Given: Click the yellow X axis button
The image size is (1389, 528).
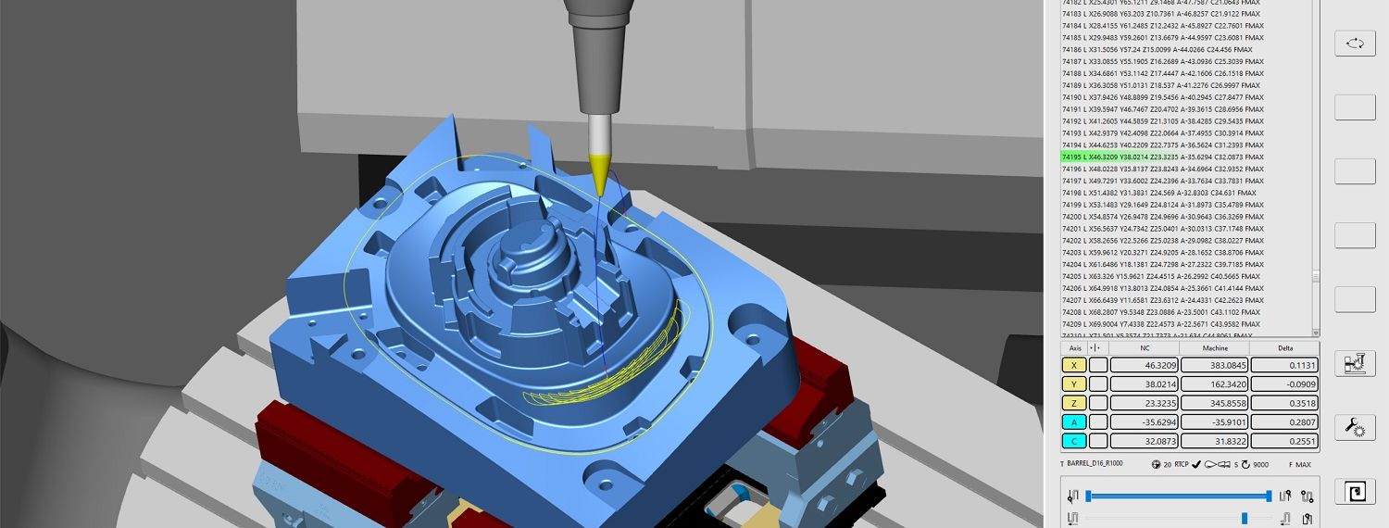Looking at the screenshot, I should [1073, 365].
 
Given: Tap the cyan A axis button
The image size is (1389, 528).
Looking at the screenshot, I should [1073, 421].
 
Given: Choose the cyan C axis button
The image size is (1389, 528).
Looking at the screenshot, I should [1073, 441].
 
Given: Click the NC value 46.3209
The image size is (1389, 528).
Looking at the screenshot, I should [1145, 365].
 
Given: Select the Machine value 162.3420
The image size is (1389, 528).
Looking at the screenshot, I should [1215, 383].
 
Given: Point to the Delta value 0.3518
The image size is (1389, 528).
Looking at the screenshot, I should [1285, 403].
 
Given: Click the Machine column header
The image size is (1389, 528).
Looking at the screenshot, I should [1215, 348].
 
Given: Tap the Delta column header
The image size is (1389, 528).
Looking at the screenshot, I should [1285, 348].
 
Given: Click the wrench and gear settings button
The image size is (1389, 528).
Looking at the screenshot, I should [1354, 427].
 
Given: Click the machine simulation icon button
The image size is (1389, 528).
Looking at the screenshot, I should [1354, 363].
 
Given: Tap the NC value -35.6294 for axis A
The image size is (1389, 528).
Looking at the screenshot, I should [1145, 421].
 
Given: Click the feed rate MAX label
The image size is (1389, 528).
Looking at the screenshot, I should [1303, 464].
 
